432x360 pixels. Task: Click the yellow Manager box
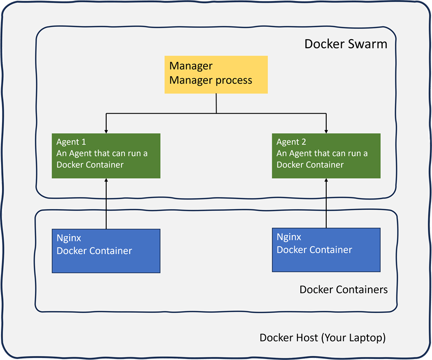coord(216,75)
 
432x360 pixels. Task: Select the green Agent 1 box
coord(106,156)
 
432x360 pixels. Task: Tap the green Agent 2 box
coord(326,156)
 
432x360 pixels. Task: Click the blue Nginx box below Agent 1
coord(106,250)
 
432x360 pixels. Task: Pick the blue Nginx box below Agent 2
coord(326,249)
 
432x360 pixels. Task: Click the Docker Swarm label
coord(345,44)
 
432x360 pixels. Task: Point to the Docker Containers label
coord(343,290)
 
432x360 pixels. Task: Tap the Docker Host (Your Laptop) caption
coord(322,338)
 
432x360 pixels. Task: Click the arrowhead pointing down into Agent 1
coord(106,130)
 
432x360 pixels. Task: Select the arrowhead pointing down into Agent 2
coord(326,130)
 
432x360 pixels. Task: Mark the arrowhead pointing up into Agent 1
coord(106,181)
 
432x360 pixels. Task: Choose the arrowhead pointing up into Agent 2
coord(326,181)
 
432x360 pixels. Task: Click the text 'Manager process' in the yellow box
coord(210,80)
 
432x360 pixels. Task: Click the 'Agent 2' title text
coord(291,142)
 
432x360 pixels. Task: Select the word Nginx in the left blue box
coord(69,238)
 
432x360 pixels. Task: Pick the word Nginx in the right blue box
coord(289,237)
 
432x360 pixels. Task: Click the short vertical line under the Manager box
coord(217,103)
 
